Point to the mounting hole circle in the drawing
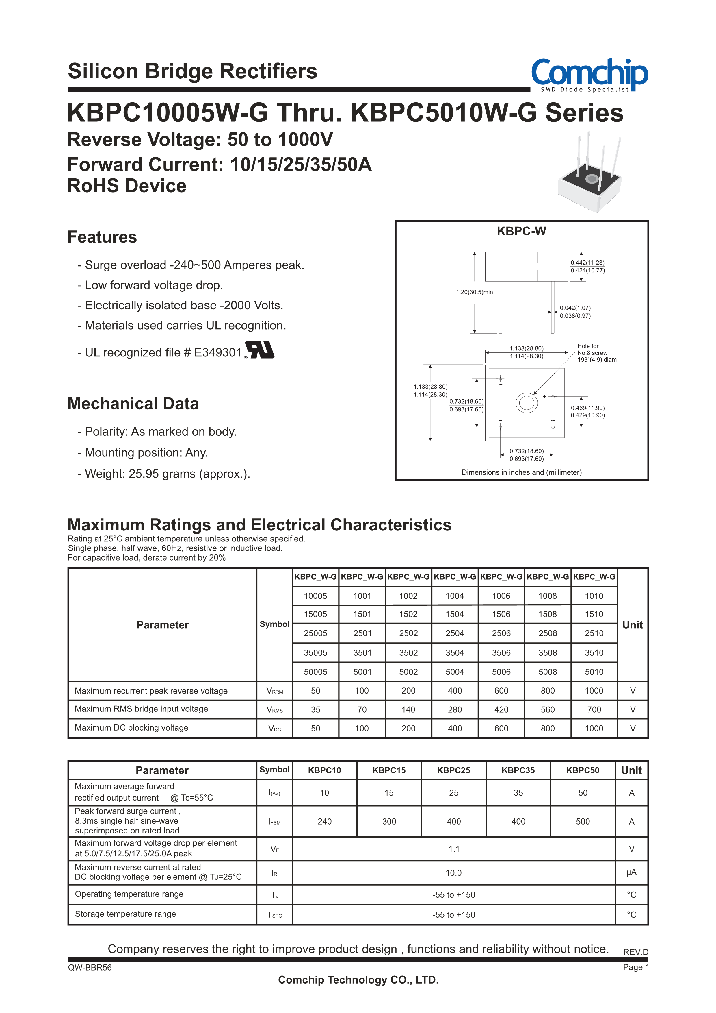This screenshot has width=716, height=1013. pos(527,402)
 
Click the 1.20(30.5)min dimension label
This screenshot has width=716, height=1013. pos(474,292)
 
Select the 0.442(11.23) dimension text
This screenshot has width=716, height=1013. pos(588,263)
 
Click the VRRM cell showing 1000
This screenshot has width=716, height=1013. pos(594,691)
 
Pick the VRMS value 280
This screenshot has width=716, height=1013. pos(455,709)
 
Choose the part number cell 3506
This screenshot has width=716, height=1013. pos(501,652)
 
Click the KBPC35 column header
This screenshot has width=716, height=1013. pos(518,770)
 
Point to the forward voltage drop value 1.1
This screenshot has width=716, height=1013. pos(454,849)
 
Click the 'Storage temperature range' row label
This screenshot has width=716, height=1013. pos(125,914)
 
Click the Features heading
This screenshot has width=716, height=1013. pos(102,237)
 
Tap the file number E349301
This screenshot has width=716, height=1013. pos(218,352)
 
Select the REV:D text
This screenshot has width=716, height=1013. pos(635,952)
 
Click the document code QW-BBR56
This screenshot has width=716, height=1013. pos(90,968)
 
